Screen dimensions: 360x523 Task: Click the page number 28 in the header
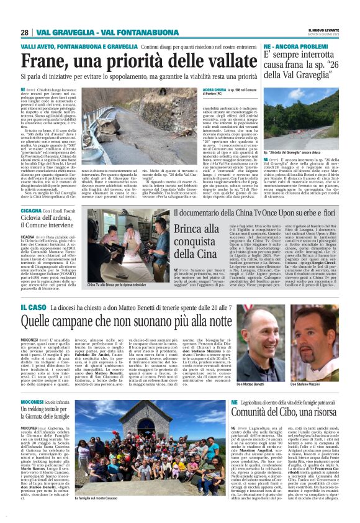pyautogui.click(x=24, y=32)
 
